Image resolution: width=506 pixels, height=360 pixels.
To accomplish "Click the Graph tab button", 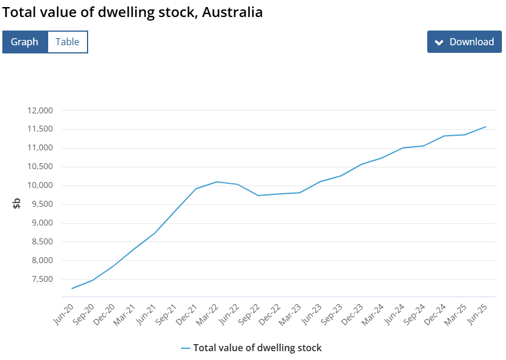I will tap(25, 42).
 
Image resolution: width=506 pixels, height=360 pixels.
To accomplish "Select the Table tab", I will tap(67, 42).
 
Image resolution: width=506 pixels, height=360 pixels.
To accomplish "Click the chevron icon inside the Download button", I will tap(438, 42).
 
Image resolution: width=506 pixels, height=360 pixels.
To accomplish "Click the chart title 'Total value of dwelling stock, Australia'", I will tap(132, 12).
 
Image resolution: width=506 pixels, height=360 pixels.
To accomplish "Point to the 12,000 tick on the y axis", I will tap(41, 110).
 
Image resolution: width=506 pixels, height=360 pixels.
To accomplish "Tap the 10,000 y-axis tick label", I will tap(41, 186).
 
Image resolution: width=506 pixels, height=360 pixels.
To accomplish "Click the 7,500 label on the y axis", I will tap(43, 279).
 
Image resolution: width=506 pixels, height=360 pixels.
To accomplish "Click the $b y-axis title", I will tap(17, 204).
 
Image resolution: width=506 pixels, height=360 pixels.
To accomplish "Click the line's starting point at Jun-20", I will tap(72, 288).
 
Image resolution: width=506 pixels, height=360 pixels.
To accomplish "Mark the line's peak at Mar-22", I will tap(217, 181).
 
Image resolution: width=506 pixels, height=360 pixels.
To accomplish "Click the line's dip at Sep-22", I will tap(258, 196).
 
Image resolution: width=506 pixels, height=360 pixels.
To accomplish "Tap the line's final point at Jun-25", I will tap(485, 126).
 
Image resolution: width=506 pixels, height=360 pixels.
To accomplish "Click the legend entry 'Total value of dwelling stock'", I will tap(257, 348).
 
